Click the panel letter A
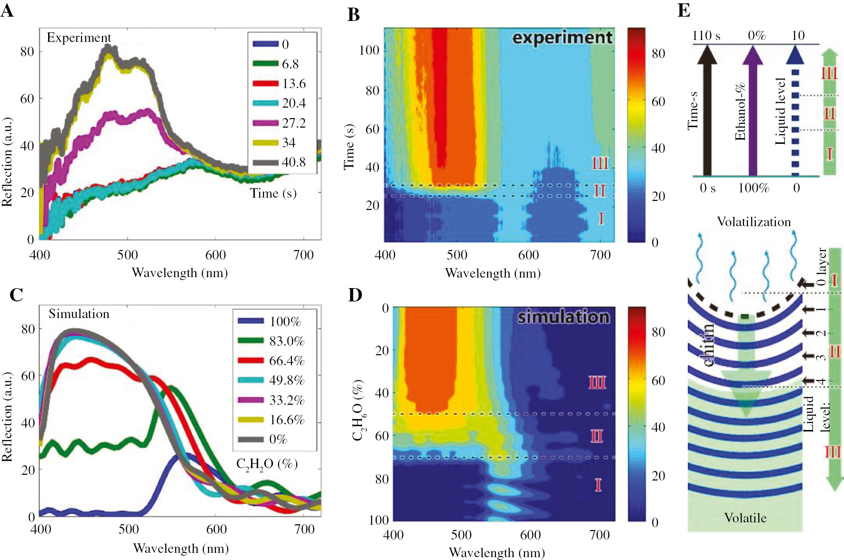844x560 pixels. tap(7, 10)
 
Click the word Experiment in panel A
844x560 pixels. tap(79, 38)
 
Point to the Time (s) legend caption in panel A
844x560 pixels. tap(273, 193)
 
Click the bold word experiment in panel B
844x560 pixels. tap(562, 38)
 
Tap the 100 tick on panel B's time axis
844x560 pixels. tap(369, 50)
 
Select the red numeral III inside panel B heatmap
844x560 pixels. tap(600, 163)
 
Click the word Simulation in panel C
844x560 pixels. tap(79, 314)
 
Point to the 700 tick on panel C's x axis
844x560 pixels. tap(304, 530)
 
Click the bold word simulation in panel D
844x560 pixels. tap(563, 317)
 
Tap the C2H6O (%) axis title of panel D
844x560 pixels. tap(358, 410)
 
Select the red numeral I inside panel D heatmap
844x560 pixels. tap(598, 485)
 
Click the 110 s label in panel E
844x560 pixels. tap(706, 36)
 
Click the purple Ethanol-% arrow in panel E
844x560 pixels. tap(753, 114)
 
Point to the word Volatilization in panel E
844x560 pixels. tap(754, 222)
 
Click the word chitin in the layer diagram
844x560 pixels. tap(708, 345)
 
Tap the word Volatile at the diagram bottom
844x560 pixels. tap(745, 518)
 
